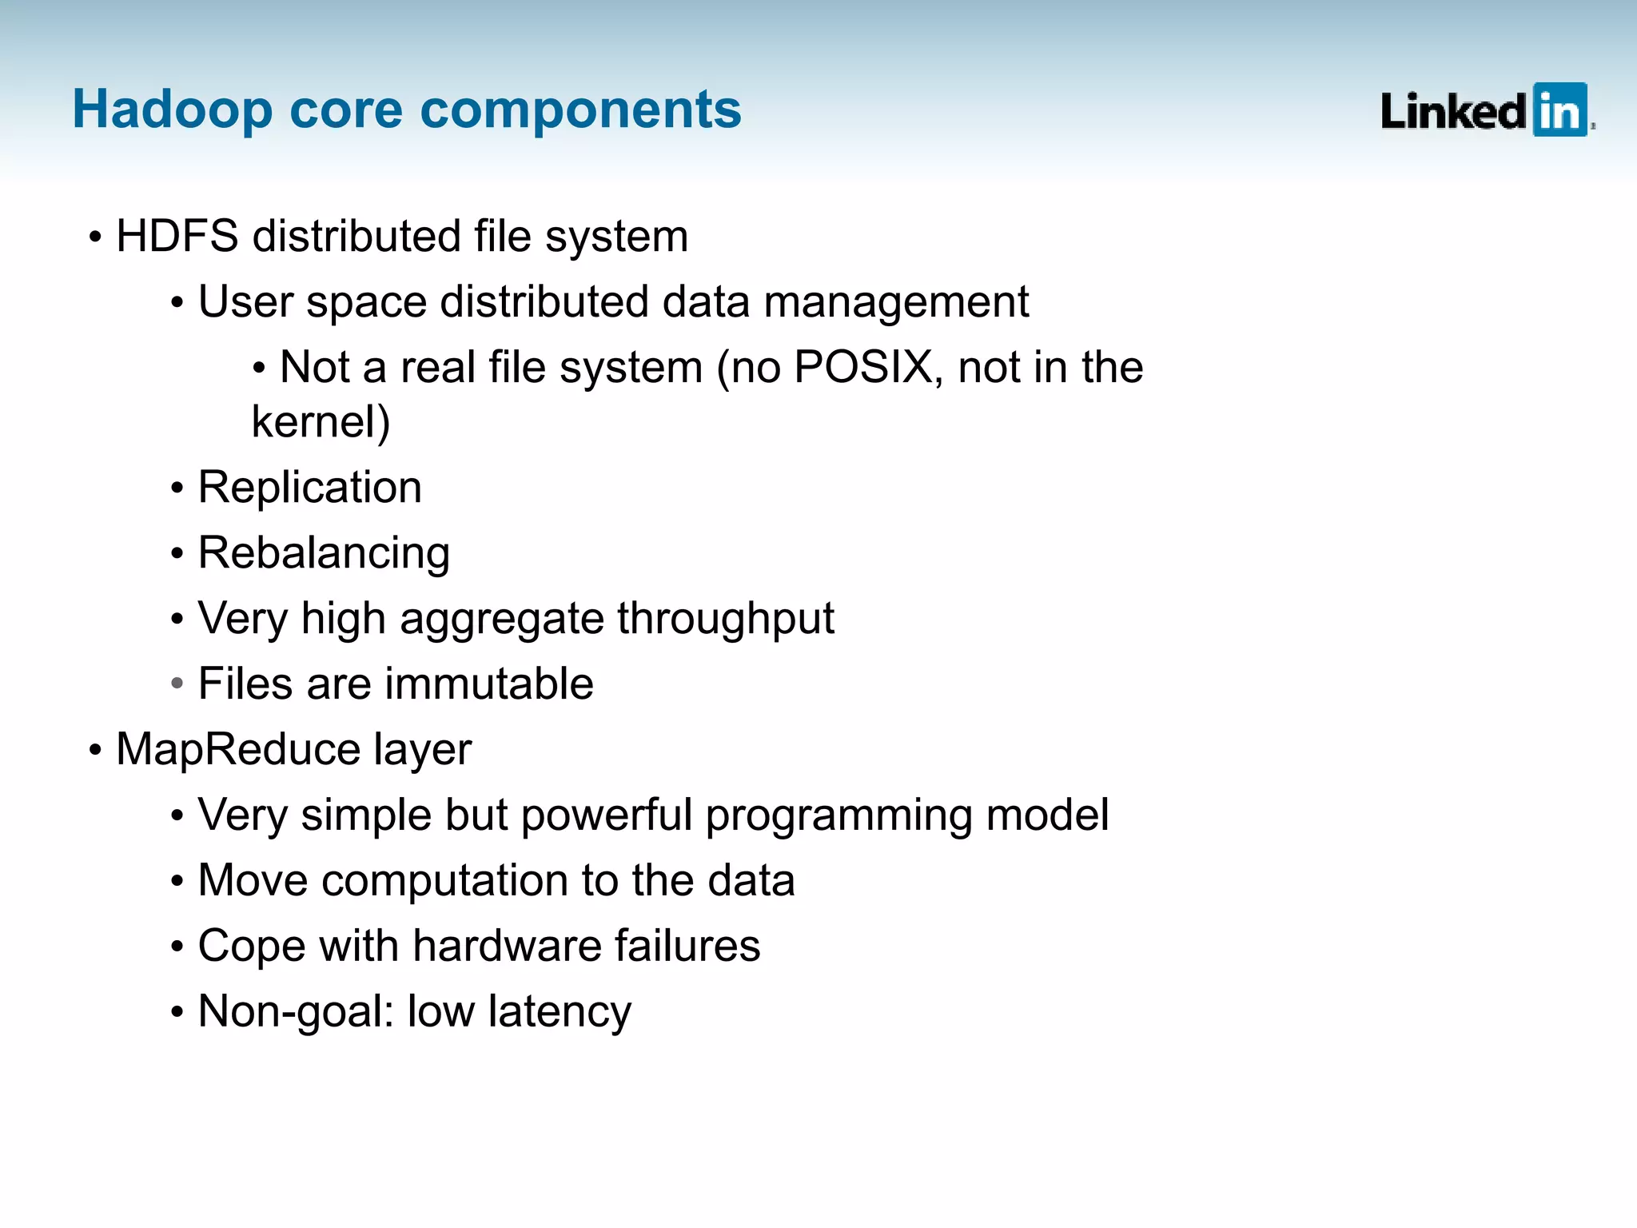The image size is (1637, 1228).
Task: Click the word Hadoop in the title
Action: coord(172,110)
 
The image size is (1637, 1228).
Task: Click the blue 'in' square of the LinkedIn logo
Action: coord(1559,110)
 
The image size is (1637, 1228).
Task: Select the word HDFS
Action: coord(177,237)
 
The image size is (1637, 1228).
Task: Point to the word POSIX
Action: coord(863,368)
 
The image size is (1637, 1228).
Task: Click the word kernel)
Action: coord(321,422)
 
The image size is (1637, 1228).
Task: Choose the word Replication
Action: coord(309,488)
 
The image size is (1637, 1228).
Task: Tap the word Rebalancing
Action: coord(324,554)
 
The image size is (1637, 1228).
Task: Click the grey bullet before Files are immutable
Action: coord(177,684)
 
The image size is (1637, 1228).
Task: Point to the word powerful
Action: coord(606,815)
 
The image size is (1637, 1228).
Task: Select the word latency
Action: coord(560,1012)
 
